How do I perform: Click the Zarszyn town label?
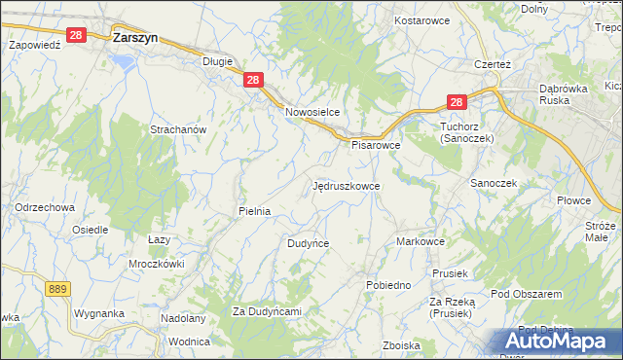coord(135,38)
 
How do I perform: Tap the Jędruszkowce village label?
coord(347,185)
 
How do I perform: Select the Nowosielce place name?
coord(311,112)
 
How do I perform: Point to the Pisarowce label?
coord(376,145)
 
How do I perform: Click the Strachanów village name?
coord(178,129)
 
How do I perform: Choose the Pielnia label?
coord(254,210)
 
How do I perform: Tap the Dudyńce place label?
coord(308,243)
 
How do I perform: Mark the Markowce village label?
coord(421,241)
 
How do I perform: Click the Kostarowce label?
coord(419,20)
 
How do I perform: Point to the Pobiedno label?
coord(387,285)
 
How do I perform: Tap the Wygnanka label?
coord(98,314)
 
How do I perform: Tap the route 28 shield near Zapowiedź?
coord(79,35)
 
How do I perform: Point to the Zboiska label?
coord(401,345)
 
